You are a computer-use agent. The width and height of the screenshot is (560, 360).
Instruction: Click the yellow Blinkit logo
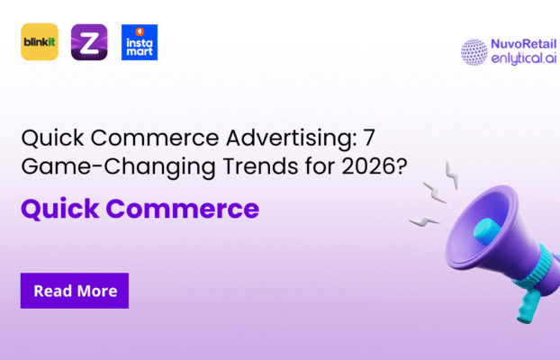[x=40, y=42]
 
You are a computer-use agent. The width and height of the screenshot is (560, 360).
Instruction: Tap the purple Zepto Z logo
[x=89, y=42]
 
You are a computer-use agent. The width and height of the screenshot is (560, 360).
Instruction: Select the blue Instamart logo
[x=139, y=42]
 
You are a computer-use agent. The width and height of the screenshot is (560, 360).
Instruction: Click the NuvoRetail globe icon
[x=474, y=51]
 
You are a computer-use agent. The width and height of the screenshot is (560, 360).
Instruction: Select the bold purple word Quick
[x=52, y=210]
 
